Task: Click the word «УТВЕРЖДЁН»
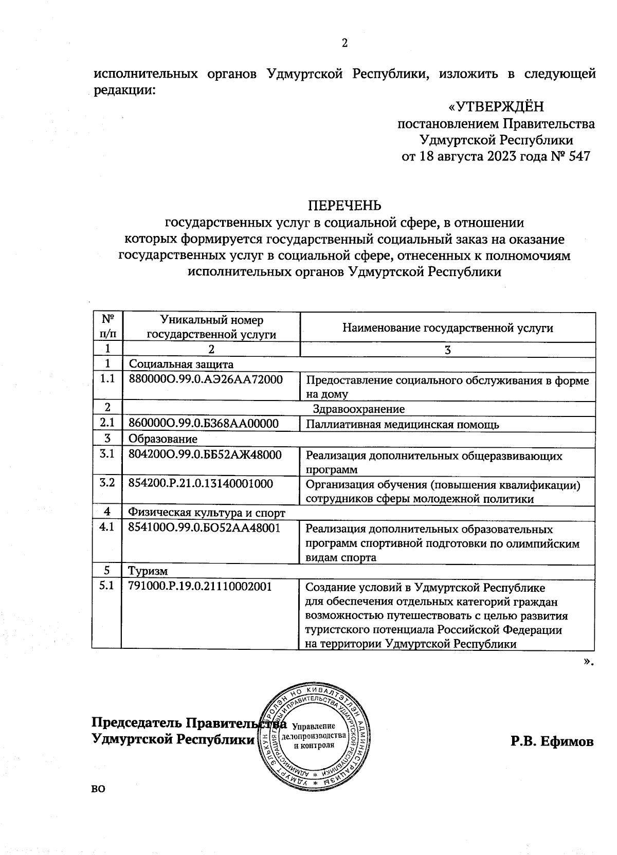pos(496,107)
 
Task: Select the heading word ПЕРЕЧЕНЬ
pos(345,206)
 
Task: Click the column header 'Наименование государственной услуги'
pos(447,328)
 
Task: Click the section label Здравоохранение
pos(359,409)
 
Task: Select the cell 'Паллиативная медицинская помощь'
pos(402,425)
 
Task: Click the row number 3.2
pos(107,483)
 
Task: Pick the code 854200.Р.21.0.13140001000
pos(201,483)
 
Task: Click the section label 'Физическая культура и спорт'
pos(206,513)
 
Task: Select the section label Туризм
pos(148,571)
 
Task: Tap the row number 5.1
pos(107,586)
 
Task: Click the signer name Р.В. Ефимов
pos(552,742)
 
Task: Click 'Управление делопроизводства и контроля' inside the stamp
pos(314,736)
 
